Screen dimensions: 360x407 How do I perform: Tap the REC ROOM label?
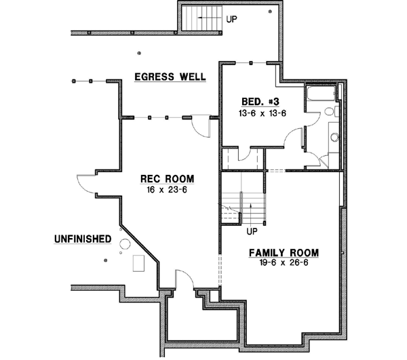click(167, 179)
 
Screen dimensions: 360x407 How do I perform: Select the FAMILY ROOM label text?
click(283, 253)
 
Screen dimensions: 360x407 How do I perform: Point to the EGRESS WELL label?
click(170, 77)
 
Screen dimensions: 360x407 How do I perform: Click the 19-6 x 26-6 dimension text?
click(283, 263)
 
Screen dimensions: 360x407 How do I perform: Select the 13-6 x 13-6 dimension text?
click(262, 113)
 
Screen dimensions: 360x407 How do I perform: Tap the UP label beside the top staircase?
click(232, 20)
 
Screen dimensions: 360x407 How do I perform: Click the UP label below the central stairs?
click(252, 231)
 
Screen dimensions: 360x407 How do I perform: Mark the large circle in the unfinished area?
click(125, 245)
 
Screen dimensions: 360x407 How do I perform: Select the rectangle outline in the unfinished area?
click(138, 262)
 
